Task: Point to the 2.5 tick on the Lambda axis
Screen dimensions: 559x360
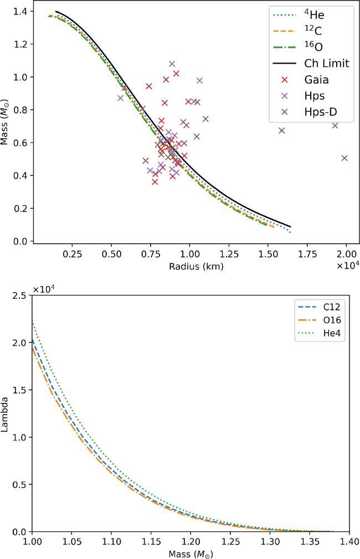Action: click(21, 296)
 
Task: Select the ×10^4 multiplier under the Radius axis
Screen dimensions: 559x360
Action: click(347, 265)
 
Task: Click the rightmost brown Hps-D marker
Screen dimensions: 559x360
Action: click(344, 158)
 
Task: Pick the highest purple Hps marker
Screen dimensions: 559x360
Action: click(172, 64)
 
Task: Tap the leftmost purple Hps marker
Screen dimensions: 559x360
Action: click(120, 98)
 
